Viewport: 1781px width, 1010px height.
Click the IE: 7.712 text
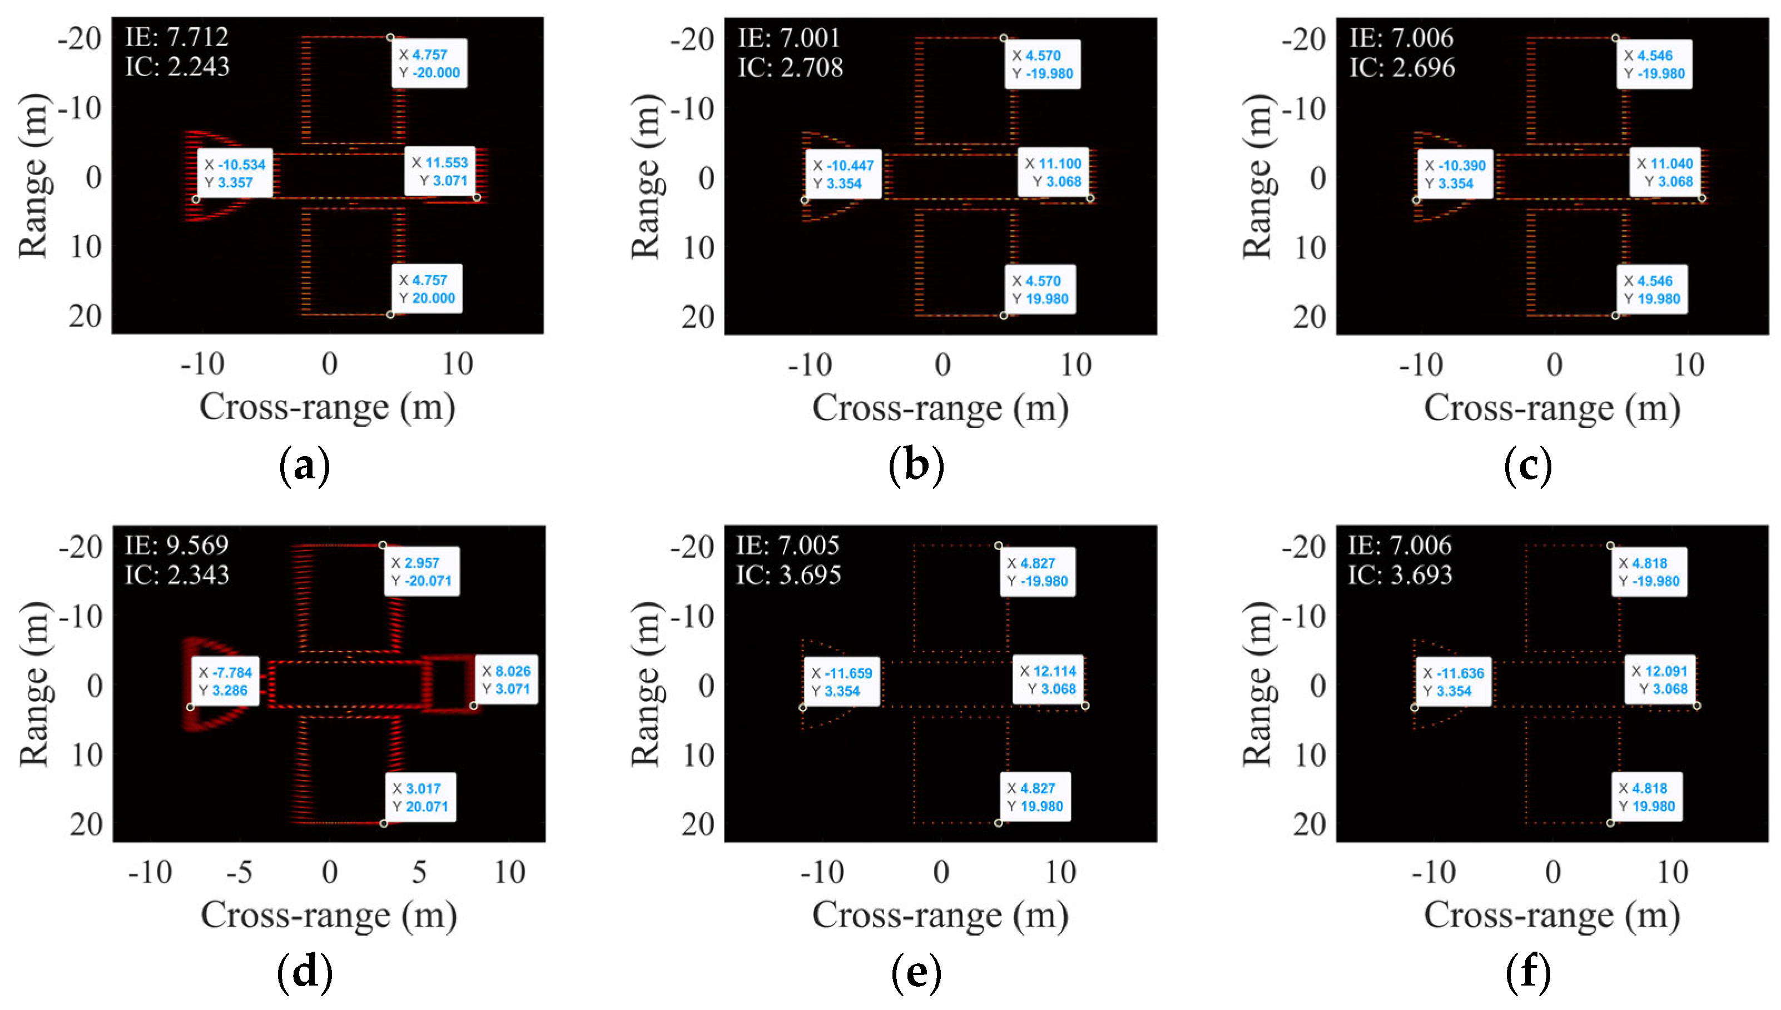(176, 37)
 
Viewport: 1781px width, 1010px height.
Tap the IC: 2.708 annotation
(790, 67)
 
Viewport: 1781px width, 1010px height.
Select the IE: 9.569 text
(176, 545)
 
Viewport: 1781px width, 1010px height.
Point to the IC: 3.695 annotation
(788, 575)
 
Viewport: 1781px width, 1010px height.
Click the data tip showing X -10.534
(235, 173)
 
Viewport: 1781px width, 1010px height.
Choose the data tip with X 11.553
(440, 171)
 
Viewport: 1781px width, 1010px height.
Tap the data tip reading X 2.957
(422, 571)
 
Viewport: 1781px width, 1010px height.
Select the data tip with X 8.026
(506, 680)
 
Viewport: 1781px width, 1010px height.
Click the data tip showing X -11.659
(842, 682)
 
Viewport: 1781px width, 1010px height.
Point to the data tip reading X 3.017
(420, 797)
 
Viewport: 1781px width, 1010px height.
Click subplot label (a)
(304, 467)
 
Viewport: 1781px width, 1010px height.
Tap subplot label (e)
(916, 973)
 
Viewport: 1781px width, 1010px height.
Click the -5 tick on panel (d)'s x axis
(240, 872)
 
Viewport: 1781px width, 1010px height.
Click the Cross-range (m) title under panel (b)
(940, 407)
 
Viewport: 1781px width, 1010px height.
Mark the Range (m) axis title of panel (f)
(1257, 684)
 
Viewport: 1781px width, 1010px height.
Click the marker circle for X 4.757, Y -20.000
(390, 37)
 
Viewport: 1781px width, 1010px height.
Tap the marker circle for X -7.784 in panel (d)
(190, 707)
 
